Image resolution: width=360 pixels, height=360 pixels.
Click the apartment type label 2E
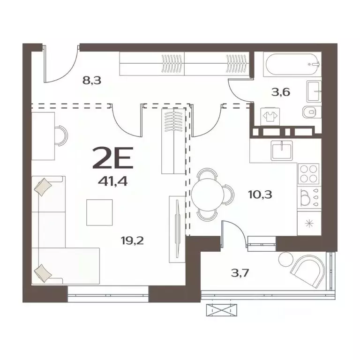[x=114, y=158]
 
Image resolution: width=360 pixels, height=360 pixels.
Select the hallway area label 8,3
[x=92, y=80]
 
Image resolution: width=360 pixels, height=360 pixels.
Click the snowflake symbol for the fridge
[x=309, y=223]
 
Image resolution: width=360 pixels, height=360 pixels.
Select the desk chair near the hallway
[x=60, y=135]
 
